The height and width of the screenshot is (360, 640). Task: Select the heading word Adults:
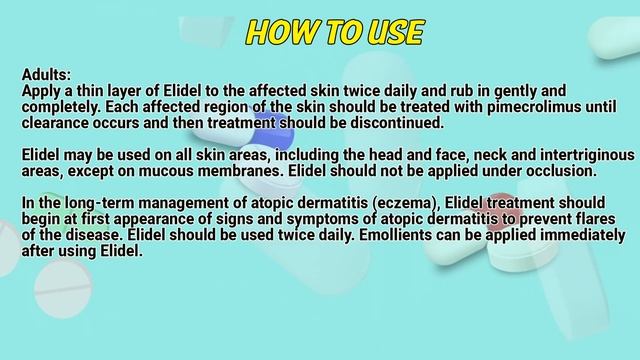46,74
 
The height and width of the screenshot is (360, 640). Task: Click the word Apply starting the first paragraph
43,90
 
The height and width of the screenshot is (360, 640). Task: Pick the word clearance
58,122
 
